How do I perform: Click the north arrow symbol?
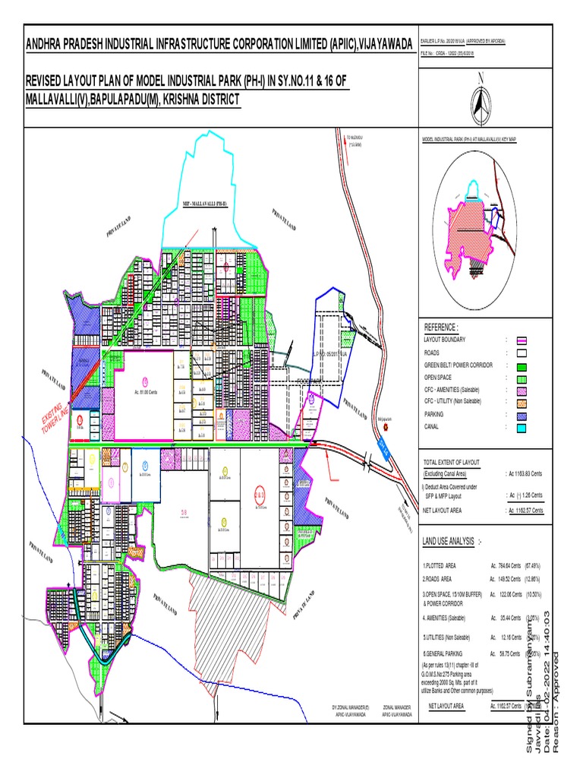pyautogui.click(x=479, y=106)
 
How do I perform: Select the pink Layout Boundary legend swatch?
pyautogui.click(x=522, y=340)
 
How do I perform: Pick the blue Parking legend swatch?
pyautogui.click(x=522, y=415)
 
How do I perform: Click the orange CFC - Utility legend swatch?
pyautogui.click(x=522, y=401)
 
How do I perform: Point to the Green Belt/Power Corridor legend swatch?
pyautogui.click(x=522, y=365)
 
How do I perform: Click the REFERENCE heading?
pyautogui.click(x=441, y=326)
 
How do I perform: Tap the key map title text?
pyautogui.click(x=463, y=141)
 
